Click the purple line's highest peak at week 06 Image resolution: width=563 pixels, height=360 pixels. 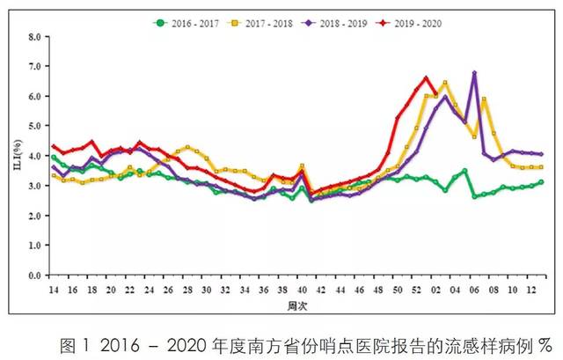coord(474,73)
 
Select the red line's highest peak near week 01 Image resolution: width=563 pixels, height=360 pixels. coord(426,77)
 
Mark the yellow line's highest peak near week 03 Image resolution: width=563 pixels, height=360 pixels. coord(445,83)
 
